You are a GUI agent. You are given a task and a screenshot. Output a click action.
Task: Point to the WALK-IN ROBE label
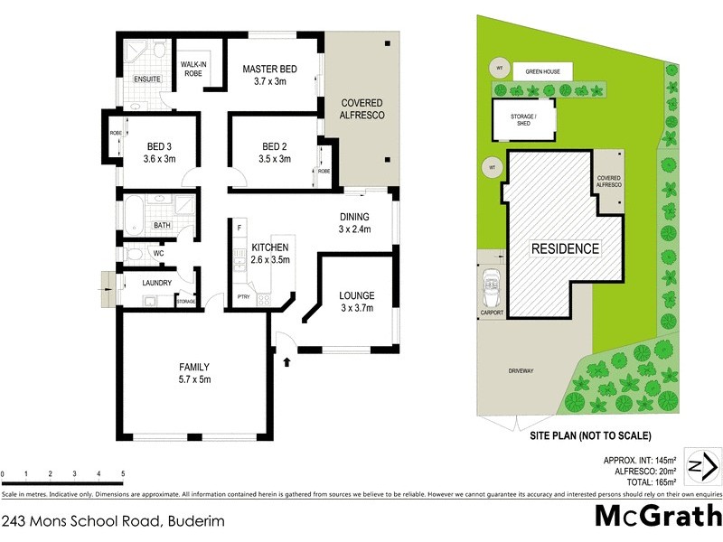click(195, 69)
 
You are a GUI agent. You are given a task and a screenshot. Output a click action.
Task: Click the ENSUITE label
click(147, 79)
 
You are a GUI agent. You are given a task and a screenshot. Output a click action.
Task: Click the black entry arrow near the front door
click(288, 362)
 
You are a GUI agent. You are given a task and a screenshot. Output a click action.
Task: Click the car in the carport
click(493, 290)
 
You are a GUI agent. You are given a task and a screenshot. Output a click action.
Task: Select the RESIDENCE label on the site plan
click(565, 248)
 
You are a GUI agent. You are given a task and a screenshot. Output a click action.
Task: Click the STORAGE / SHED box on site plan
click(523, 119)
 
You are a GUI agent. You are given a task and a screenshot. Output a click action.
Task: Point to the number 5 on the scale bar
click(122, 473)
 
